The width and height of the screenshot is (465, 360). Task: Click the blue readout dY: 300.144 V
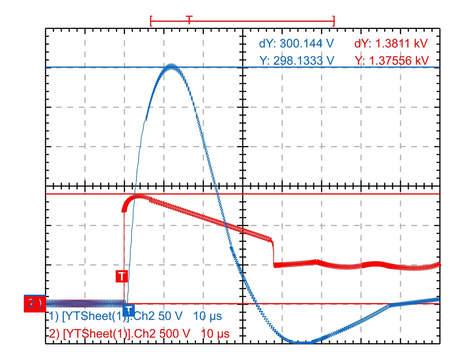pyautogui.click(x=296, y=44)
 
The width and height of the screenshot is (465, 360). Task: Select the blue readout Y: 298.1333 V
pyautogui.click(x=297, y=61)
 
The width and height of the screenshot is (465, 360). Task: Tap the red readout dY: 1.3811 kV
pyautogui.click(x=391, y=44)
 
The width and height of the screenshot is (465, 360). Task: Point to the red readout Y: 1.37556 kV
pyautogui.click(x=392, y=61)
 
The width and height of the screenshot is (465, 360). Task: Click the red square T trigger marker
pyautogui.click(x=122, y=276)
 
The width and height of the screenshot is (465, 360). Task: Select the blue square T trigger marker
pyautogui.click(x=128, y=310)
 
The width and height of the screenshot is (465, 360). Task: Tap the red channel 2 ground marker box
pyautogui.click(x=34, y=304)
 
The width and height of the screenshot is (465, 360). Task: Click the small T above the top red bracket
pyautogui.click(x=189, y=19)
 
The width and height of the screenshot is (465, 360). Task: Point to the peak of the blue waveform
pyautogui.click(x=171, y=65)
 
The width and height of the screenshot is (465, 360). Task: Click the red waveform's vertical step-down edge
pyautogui.click(x=273, y=252)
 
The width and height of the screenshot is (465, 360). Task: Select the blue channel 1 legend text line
pyautogui.click(x=135, y=316)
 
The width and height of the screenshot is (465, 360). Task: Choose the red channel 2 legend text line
pyautogui.click(x=139, y=334)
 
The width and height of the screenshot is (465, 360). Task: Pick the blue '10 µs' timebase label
pyautogui.click(x=207, y=316)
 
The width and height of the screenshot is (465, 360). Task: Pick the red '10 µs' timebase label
pyautogui.click(x=215, y=334)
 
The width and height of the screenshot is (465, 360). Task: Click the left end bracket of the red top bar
pyautogui.click(x=151, y=21)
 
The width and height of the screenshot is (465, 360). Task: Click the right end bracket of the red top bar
pyautogui.click(x=334, y=21)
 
